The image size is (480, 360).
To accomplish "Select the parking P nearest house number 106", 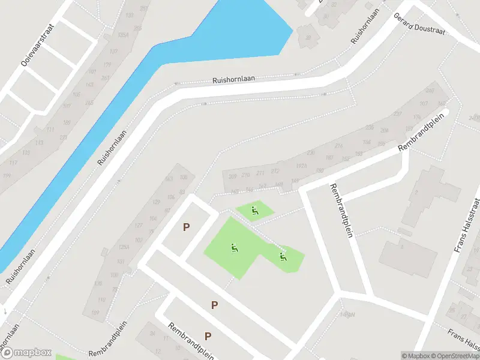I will tap(186, 227).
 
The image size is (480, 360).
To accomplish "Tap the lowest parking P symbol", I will tap(208, 336).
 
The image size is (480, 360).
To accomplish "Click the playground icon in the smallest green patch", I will tap(255, 211).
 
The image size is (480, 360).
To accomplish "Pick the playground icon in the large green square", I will tap(234, 247).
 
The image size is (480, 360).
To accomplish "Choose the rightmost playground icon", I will tap(283, 257).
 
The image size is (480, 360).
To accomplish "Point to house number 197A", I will tap(301, 166).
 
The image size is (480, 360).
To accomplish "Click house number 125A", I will tap(124, 247).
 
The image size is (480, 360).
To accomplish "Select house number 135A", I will tap(124, 36).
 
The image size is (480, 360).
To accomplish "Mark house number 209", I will tap(233, 176).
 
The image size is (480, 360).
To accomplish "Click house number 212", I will tap(275, 172).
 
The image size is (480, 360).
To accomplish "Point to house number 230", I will tap(310, 154).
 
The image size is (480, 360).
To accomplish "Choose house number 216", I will tap(338, 145).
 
